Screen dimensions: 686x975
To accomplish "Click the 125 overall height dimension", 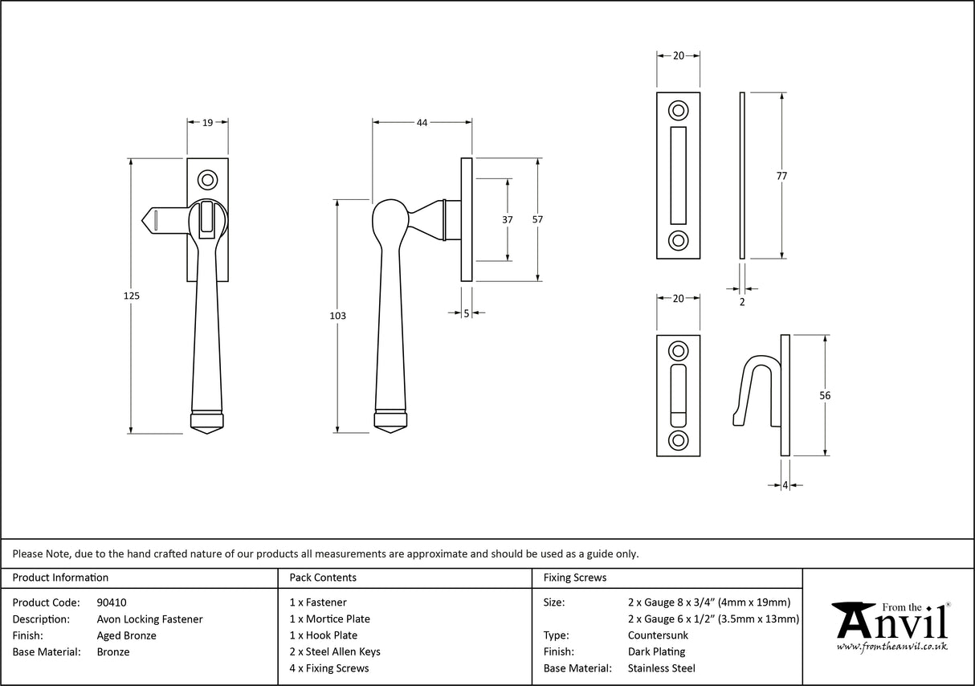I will click(133, 296).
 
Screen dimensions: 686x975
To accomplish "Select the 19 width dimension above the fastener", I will click(207, 123).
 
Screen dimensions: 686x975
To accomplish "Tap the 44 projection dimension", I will click(422, 123).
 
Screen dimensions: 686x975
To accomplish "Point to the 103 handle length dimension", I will click(337, 316).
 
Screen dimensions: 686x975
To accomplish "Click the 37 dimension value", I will click(508, 219).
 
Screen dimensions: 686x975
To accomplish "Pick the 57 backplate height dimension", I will click(538, 219).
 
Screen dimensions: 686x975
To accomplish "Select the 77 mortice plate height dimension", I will click(781, 176).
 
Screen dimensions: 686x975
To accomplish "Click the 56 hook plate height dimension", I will click(824, 395).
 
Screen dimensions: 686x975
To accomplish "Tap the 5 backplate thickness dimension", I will click(467, 314).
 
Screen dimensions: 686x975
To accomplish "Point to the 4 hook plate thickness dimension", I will click(785, 485).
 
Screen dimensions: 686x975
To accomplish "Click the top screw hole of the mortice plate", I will click(679, 110).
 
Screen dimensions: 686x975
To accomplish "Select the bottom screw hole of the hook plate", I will click(679, 439).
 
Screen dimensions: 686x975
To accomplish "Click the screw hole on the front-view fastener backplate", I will click(208, 178).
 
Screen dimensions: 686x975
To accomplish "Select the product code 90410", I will click(111, 602).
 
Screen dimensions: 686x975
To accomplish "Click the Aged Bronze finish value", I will click(126, 635).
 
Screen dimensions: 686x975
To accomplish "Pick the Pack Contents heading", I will click(323, 578).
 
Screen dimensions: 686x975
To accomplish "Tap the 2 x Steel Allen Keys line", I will click(335, 651).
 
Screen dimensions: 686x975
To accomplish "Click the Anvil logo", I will click(890, 627).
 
